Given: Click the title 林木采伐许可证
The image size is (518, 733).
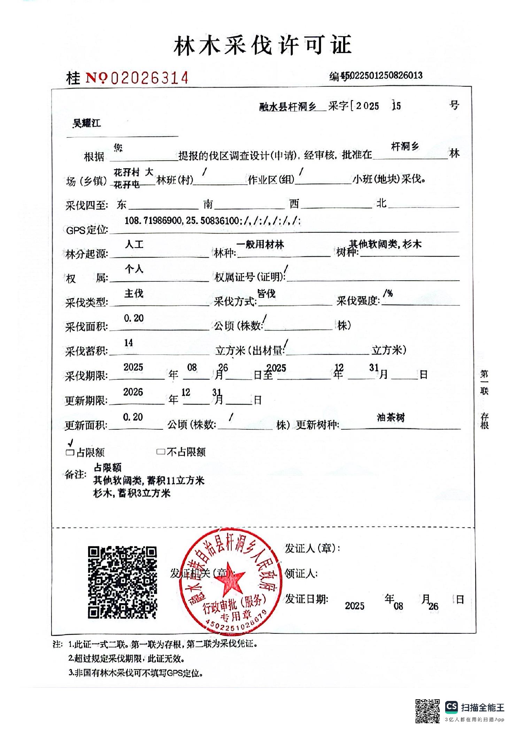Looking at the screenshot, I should (262, 46).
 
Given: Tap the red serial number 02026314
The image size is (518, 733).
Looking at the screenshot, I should (150, 78).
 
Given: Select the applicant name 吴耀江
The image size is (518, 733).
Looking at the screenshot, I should (87, 123).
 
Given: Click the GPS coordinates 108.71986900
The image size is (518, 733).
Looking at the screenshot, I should (153, 220).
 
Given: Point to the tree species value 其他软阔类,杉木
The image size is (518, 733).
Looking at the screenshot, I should (385, 244).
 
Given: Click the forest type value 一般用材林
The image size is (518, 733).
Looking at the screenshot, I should (260, 244).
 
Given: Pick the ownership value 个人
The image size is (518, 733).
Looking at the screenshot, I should (134, 269).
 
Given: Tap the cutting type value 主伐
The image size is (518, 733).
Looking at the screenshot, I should (134, 294).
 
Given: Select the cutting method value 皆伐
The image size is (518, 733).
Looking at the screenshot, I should (266, 294).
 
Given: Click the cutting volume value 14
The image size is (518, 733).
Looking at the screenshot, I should (129, 343).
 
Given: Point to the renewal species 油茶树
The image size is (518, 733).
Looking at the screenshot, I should (391, 417).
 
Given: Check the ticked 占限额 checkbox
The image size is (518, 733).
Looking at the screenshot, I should (70, 452).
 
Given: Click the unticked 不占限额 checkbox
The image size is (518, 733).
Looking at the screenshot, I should (161, 452).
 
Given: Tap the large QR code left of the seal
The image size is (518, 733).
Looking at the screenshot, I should (122, 582).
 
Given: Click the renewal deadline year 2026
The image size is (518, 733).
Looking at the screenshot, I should (133, 392).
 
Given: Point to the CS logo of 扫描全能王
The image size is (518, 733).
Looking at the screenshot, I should (451, 707).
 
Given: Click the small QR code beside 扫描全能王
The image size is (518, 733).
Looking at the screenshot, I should (427, 710).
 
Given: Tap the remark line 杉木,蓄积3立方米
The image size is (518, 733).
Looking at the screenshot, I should (132, 493).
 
